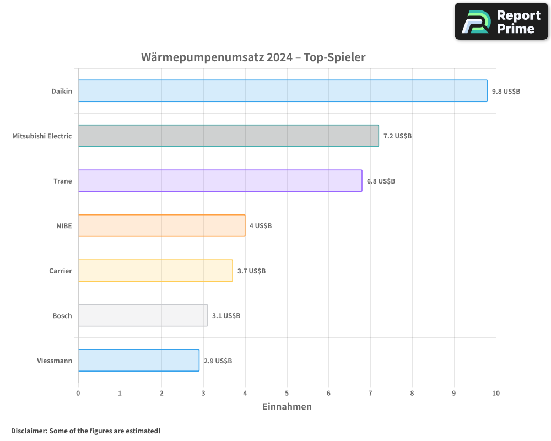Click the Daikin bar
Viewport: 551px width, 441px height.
click(283, 91)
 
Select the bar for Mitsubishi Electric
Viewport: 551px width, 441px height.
click(228, 136)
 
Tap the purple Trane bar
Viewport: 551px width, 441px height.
click(220, 180)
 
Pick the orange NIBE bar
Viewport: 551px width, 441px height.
click(161, 225)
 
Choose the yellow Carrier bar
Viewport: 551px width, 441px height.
click(155, 270)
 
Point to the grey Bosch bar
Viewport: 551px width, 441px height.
click(143, 315)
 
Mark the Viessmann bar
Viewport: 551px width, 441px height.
click(138, 360)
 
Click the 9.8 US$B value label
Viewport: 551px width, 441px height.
click(506, 91)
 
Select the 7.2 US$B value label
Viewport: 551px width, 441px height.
click(397, 136)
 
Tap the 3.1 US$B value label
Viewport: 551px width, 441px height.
click(226, 316)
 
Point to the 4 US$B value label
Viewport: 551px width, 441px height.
click(261, 225)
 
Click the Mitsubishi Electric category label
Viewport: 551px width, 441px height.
click(42, 136)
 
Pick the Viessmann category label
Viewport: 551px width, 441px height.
click(54, 361)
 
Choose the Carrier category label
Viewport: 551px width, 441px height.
click(60, 271)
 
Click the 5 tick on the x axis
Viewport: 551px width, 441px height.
click(287, 393)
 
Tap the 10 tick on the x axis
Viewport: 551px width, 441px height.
click(495, 393)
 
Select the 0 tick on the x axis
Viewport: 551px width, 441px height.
click(78, 393)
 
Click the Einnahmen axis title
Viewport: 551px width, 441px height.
click(287, 407)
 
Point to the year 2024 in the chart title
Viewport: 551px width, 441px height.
click(279, 57)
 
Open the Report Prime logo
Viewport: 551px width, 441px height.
click(501, 21)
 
